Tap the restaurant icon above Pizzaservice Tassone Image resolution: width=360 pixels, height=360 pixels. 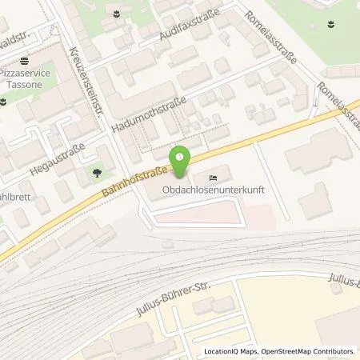pos(26,59)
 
